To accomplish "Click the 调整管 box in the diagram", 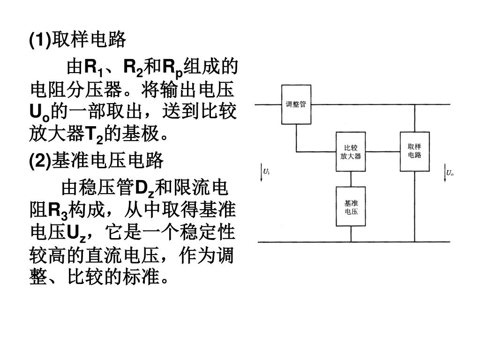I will (296, 104).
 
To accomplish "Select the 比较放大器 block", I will (351, 152).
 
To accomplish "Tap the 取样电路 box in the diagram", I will (414, 151).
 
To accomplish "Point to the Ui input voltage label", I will (266, 172).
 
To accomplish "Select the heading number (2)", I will (40, 161).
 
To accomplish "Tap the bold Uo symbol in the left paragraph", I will (38, 113).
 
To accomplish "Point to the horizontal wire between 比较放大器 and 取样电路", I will (382, 152).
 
